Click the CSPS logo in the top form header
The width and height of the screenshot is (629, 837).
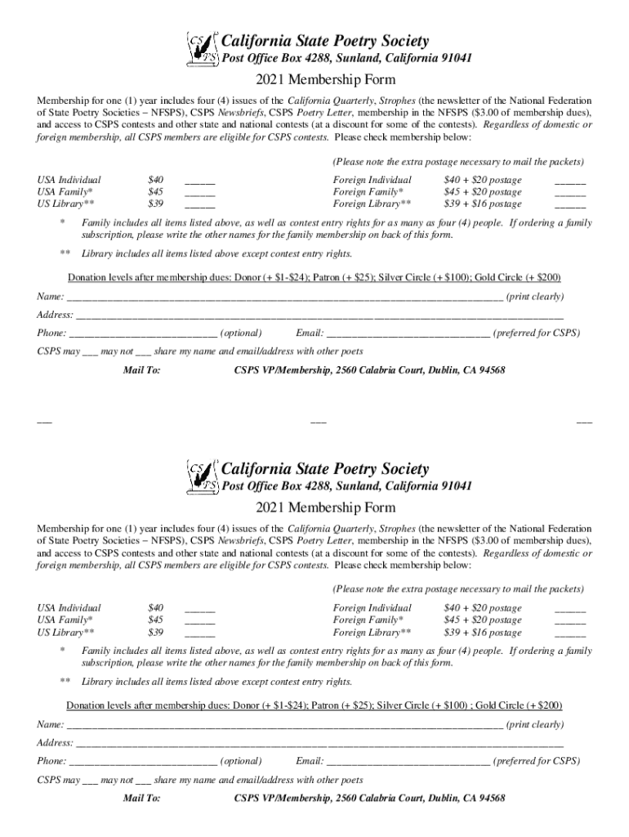pyautogui.click(x=203, y=49)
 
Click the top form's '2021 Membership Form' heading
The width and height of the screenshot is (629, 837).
pyautogui.click(x=314, y=79)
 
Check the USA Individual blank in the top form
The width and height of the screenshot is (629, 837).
pyautogui.click(x=200, y=181)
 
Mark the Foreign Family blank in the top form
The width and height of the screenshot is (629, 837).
pyautogui.click(x=570, y=194)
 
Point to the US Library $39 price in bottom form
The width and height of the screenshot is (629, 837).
pyautogui.click(x=155, y=633)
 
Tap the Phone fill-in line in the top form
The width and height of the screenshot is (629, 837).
pyautogui.click(x=144, y=334)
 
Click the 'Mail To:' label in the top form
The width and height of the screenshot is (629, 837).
pyautogui.click(x=141, y=371)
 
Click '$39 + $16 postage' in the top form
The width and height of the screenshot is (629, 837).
pyautogui.click(x=482, y=204)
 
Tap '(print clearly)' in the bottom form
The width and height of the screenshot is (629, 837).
pyautogui.click(x=535, y=725)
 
